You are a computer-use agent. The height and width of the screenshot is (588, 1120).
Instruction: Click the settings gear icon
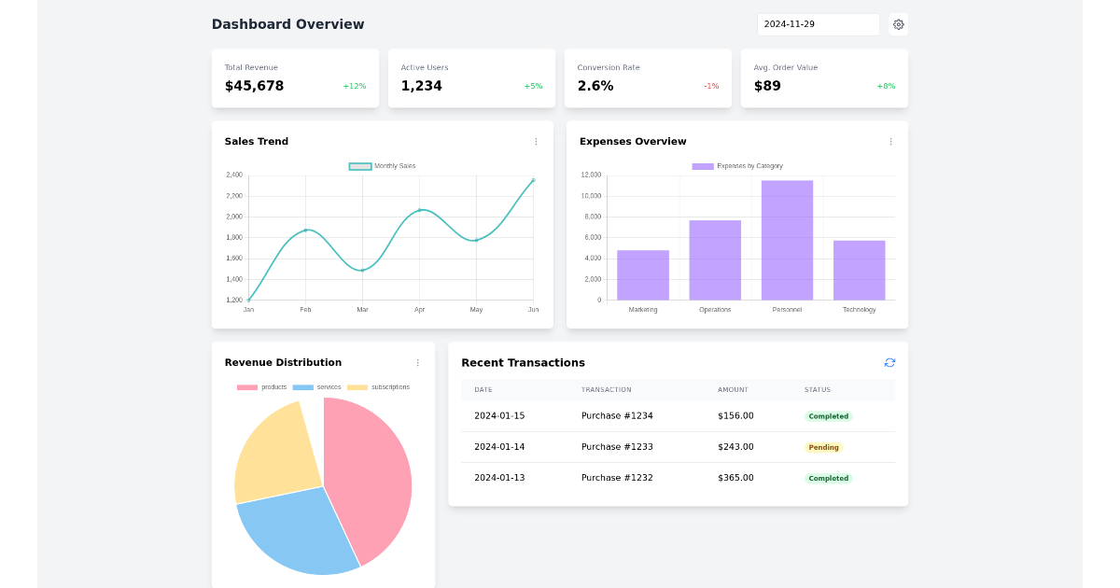898,24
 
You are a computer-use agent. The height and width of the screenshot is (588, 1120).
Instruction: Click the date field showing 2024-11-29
818,24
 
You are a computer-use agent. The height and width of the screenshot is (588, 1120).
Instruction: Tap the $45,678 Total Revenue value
254,86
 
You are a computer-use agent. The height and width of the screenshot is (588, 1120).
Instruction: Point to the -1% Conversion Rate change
711,86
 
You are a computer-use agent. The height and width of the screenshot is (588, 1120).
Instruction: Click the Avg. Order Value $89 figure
767,86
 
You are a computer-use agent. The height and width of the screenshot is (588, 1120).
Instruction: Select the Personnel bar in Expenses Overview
787,240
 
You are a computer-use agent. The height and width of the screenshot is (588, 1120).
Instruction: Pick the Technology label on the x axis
859,309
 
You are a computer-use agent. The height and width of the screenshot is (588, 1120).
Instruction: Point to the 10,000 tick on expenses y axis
591,196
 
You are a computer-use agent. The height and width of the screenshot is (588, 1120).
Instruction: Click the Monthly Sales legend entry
383,166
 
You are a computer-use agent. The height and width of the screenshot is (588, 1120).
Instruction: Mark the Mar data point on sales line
362,270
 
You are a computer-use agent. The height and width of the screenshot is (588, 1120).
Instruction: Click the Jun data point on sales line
533,180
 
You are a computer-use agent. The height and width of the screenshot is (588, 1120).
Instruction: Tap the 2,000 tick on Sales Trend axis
233,217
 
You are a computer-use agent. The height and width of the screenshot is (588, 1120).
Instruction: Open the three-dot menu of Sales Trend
536,142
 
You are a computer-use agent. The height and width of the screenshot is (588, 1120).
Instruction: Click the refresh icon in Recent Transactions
889,362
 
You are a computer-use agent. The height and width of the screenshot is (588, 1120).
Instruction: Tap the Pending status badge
823,447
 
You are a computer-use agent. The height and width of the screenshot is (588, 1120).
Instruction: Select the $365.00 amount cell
735,478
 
